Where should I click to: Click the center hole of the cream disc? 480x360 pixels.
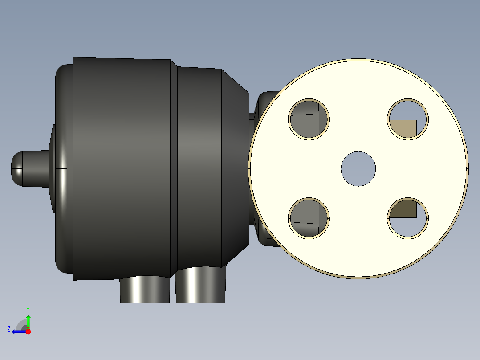[358, 169]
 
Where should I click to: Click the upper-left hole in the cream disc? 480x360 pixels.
[309, 119]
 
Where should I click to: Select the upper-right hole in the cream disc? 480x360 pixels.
[408, 119]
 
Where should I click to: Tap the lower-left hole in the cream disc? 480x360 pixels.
[309, 218]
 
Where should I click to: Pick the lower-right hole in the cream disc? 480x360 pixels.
[408, 218]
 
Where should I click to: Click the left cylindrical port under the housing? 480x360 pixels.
[145, 289]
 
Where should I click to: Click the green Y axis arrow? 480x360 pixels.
[28, 321]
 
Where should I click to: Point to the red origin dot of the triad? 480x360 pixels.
[28, 331]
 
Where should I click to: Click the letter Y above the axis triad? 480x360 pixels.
[28, 309]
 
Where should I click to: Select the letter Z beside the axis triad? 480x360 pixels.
[9, 329]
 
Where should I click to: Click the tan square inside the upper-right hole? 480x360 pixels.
[403, 128]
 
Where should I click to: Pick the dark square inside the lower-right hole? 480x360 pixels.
[403, 209]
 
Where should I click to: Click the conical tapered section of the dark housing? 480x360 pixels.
[235, 169]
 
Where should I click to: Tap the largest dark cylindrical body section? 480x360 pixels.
[121, 169]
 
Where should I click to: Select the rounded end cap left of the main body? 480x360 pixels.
[64, 169]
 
